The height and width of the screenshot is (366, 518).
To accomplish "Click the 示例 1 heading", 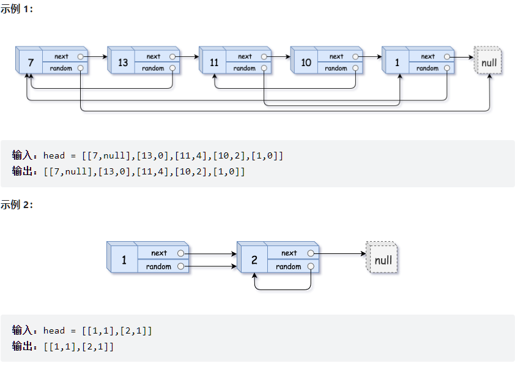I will (x=16, y=10).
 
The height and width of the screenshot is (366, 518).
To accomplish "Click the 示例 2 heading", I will (x=17, y=205).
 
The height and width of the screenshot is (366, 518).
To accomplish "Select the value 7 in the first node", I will (x=31, y=62).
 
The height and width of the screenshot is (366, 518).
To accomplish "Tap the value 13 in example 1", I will (x=123, y=62).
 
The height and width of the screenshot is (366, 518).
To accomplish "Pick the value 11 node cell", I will (x=214, y=62).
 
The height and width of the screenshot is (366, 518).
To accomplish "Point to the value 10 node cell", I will (x=306, y=62).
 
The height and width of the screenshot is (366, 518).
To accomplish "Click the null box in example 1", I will (x=489, y=62).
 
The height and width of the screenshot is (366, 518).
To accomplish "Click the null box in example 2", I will (x=383, y=260).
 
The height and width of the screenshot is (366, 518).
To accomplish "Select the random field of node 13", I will (x=153, y=69).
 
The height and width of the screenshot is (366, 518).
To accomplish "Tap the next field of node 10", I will (x=336, y=56).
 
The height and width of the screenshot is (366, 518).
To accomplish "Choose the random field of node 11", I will (x=245, y=69).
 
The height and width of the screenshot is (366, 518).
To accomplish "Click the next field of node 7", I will (x=61, y=56).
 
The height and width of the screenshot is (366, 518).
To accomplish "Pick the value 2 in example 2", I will (x=254, y=260).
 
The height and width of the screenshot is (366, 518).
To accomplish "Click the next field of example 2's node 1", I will (x=159, y=253).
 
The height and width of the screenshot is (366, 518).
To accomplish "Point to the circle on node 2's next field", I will (x=311, y=253).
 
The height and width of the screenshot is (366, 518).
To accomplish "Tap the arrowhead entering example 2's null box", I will (x=363, y=253).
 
